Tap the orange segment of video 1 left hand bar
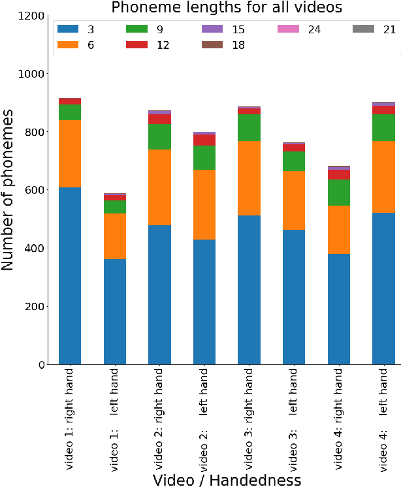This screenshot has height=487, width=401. (115, 236)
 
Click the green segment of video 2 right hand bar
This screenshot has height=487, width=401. (159, 136)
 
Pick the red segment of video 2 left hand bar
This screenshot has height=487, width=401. (204, 140)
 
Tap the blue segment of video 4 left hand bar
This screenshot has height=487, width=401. (383, 288)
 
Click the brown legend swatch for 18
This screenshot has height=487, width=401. (212, 45)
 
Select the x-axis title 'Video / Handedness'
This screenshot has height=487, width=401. (227, 480)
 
